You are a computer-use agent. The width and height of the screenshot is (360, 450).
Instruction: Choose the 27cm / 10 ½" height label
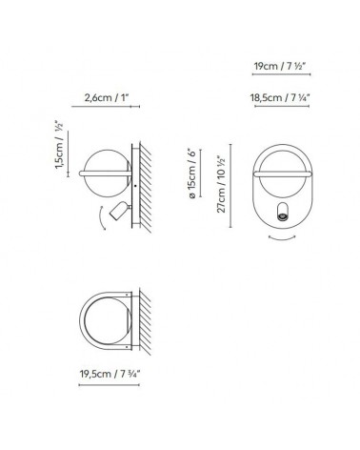tap(222, 187)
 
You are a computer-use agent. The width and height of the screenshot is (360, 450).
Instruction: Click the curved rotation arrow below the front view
tap(283, 244)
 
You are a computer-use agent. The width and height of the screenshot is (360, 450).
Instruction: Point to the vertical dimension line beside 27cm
tap(232, 187)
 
